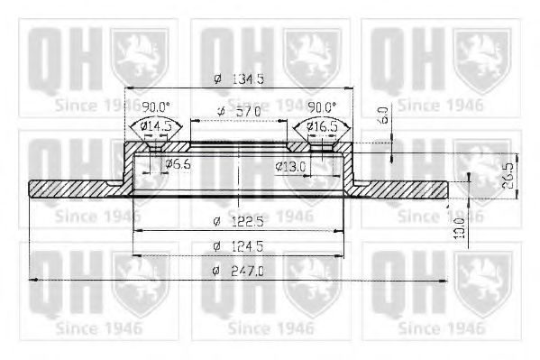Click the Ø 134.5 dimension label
coord(239,78)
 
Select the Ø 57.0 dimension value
coord(239,110)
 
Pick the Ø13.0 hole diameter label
coord(289,165)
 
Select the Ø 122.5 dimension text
coord(238,221)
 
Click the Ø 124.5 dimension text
coord(238,245)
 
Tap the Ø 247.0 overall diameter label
coord(238,270)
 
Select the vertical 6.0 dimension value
coord(382,115)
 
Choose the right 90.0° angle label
coord(323,106)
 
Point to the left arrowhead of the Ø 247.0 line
coord(34,281)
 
